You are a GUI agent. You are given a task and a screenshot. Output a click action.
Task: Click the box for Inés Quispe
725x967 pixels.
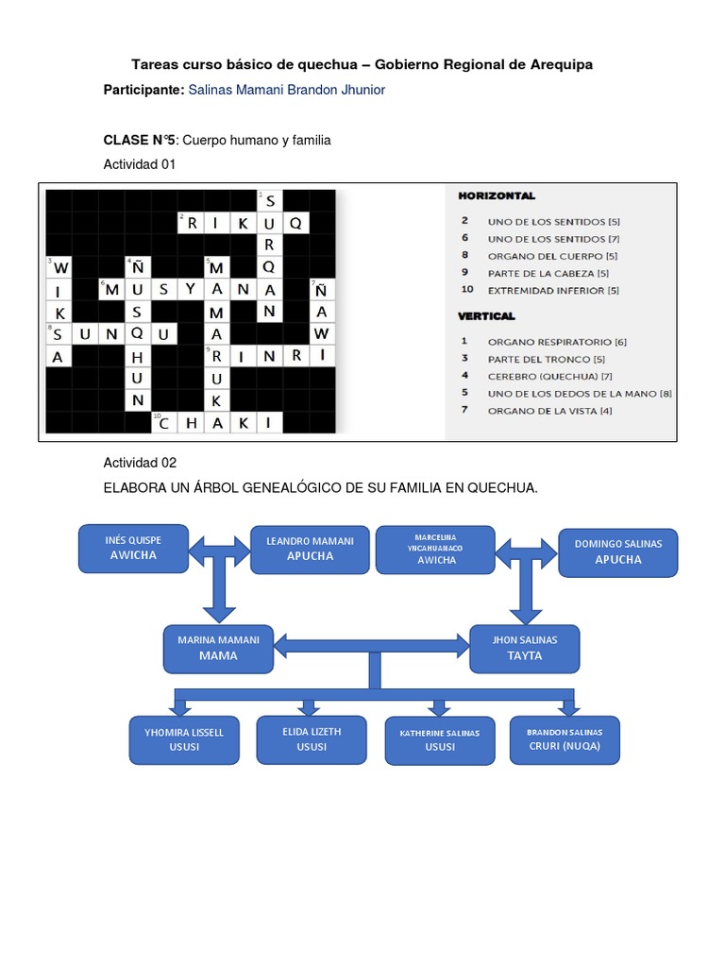[133, 548]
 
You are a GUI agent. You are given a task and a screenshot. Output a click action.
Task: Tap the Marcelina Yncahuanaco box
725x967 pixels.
[435, 549]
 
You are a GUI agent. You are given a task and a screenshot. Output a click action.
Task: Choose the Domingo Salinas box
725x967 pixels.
[617, 551]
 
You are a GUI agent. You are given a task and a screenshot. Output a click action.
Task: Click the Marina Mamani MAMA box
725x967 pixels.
[218, 647]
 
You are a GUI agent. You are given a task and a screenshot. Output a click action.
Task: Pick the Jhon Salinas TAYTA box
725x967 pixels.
[524, 648]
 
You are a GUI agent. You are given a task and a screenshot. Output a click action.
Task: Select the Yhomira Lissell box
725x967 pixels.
[184, 739]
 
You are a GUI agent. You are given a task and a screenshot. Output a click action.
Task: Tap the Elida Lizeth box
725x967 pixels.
[312, 738]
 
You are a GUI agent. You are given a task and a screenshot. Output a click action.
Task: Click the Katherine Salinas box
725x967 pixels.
[439, 740]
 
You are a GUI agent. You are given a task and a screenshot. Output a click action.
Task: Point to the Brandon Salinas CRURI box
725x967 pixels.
[565, 738]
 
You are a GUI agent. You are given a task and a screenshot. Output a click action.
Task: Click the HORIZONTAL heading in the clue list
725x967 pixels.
[497, 196]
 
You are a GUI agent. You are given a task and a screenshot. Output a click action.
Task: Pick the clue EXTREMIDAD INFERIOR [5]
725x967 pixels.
[552, 290]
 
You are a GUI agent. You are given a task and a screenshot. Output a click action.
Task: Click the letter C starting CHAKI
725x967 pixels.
[164, 423]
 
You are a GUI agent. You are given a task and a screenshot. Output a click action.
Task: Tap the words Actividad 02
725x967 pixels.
[140, 463]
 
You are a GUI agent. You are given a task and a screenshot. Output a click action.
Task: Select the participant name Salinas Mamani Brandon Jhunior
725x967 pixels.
[287, 90]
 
